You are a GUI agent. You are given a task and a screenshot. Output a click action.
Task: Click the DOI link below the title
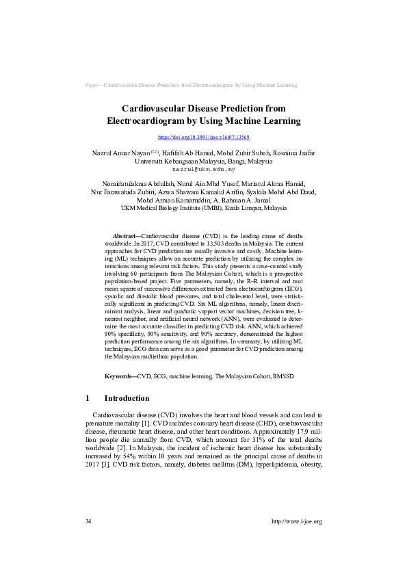tap(203, 138)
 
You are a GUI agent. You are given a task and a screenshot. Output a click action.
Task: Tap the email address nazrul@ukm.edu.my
tap(203, 168)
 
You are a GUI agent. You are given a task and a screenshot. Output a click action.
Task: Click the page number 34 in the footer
tap(88, 521)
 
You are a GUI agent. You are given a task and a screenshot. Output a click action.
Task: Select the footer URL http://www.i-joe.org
tap(297, 521)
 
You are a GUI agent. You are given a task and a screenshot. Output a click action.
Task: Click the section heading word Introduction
tap(127, 398)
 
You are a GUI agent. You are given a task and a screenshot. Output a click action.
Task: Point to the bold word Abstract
tap(124, 234)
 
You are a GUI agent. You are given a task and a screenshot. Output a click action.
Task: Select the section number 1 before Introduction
tap(88, 398)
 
